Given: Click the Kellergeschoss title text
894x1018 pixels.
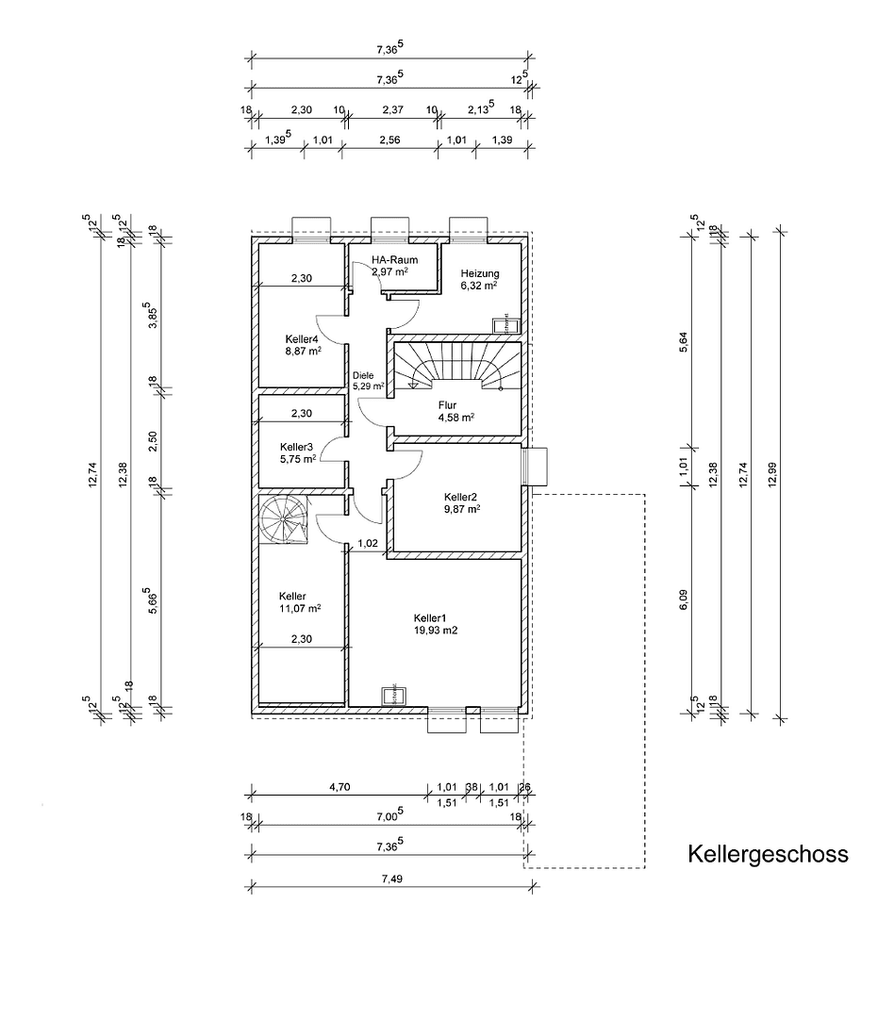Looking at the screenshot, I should tap(768, 854).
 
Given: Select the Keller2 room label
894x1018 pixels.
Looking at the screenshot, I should tap(462, 496).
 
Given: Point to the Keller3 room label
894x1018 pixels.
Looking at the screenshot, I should tap(297, 447).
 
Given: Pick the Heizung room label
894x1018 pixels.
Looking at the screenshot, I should tap(480, 273).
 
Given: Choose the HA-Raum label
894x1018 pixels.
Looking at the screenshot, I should tap(394, 259).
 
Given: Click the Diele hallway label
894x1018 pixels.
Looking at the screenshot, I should tap(363, 375).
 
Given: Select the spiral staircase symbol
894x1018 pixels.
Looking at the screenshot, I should tap(284, 519).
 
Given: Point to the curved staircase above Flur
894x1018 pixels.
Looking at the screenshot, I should tap(456, 367).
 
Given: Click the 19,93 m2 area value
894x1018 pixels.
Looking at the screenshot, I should tap(435, 632).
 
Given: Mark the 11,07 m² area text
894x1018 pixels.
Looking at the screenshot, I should tap(300, 609).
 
